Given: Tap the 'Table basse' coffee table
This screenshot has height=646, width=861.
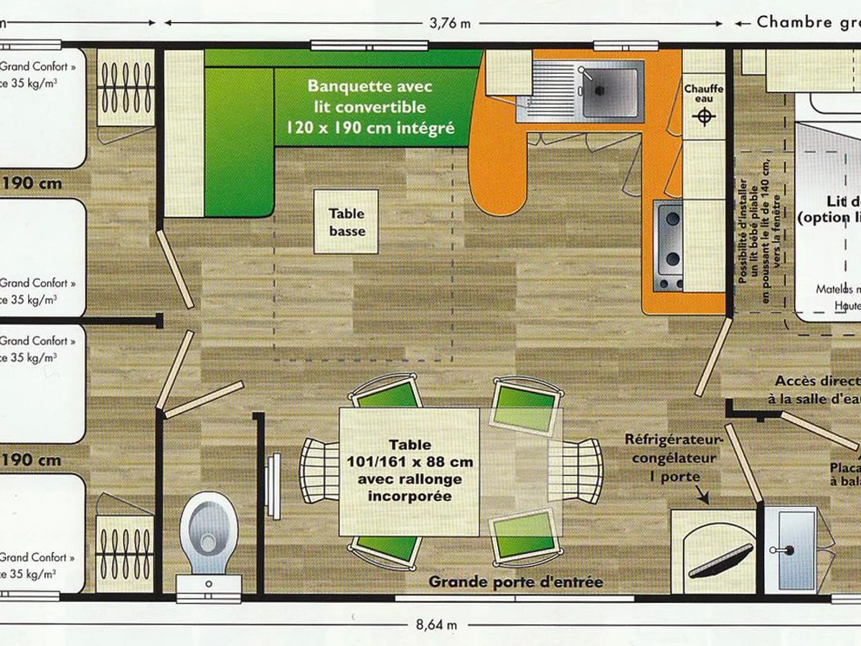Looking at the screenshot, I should point(347,222).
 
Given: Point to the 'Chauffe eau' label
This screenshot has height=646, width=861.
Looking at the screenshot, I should point(703,95).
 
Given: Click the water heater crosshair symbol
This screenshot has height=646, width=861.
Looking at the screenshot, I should point(705,116).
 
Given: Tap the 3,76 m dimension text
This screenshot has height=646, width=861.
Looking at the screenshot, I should point(450,22).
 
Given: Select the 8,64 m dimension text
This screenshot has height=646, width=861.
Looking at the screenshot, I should point(436,624).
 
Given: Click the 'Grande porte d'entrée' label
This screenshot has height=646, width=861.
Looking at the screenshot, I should point(516,581).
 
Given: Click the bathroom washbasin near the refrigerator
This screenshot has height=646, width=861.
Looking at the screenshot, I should point(790,549).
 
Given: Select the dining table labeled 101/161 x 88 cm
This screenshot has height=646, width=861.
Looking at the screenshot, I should point(409,471).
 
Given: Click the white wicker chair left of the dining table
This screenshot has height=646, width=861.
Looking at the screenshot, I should point(319,470).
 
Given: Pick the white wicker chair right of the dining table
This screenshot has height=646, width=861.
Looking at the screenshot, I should point(578,470).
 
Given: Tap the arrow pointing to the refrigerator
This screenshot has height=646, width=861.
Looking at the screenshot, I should point(701,495).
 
